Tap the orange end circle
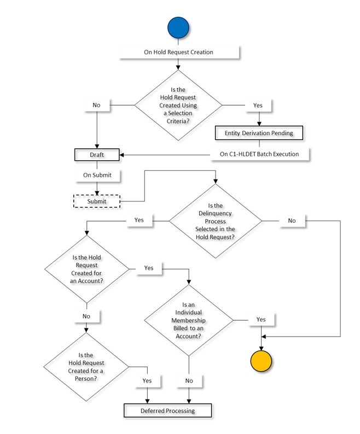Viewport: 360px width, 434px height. (x=261, y=361)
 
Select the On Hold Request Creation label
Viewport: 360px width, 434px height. (x=178, y=53)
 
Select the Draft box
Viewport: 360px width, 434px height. (x=96, y=155)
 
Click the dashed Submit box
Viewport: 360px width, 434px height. (x=97, y=201)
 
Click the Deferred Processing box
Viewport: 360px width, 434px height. (x=167, y=410)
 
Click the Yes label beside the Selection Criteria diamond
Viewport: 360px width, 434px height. (x=258, y=104)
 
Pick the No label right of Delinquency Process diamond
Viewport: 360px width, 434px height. (x=292, y=221)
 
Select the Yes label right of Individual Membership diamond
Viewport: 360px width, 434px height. (x=261, y=320)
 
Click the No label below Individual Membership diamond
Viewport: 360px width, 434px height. (x=189, y=380)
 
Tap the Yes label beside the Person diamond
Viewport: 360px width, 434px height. (x=147, y=380)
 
